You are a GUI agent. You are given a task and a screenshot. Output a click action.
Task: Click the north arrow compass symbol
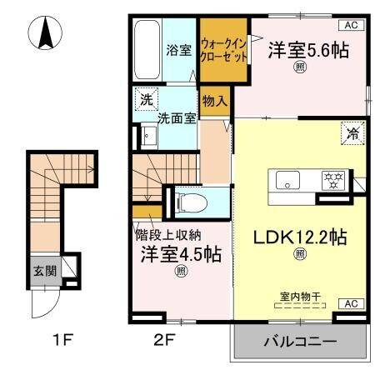pyautogui.click(x=46, y=35)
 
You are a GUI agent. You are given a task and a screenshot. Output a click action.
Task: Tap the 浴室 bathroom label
pyautogui.click(x=178, y=49)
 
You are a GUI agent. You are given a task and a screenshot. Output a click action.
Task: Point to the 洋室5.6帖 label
pyautogui.click(x=307, y=51)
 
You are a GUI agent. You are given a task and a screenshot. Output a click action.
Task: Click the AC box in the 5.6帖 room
pyautogui.click(x=351, y=25)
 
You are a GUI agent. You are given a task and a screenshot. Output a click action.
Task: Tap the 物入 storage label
pyautogui.click(x=214, y=101)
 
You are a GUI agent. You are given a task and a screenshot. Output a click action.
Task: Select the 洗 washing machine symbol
pyautogui.click(x=147, y=99)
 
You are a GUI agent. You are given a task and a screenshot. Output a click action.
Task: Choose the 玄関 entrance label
pyautogui.click(x=45, y=271)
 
